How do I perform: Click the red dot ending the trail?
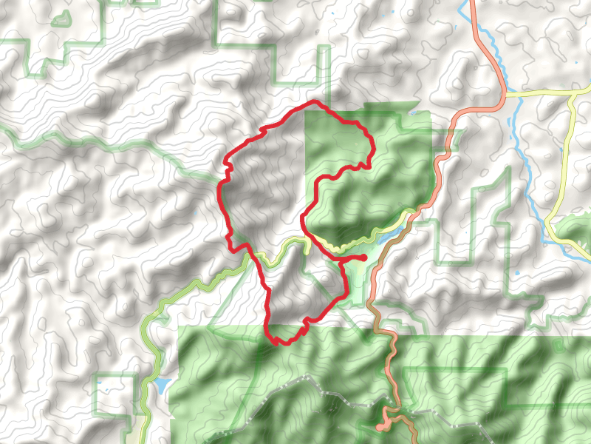364,257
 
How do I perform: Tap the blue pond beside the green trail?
160,385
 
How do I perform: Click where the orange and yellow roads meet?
505,95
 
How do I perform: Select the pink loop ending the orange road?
380,427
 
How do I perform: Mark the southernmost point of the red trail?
277,343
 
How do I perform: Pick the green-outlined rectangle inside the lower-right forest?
458,388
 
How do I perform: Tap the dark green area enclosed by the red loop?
347,192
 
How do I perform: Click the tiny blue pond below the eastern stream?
516,275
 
